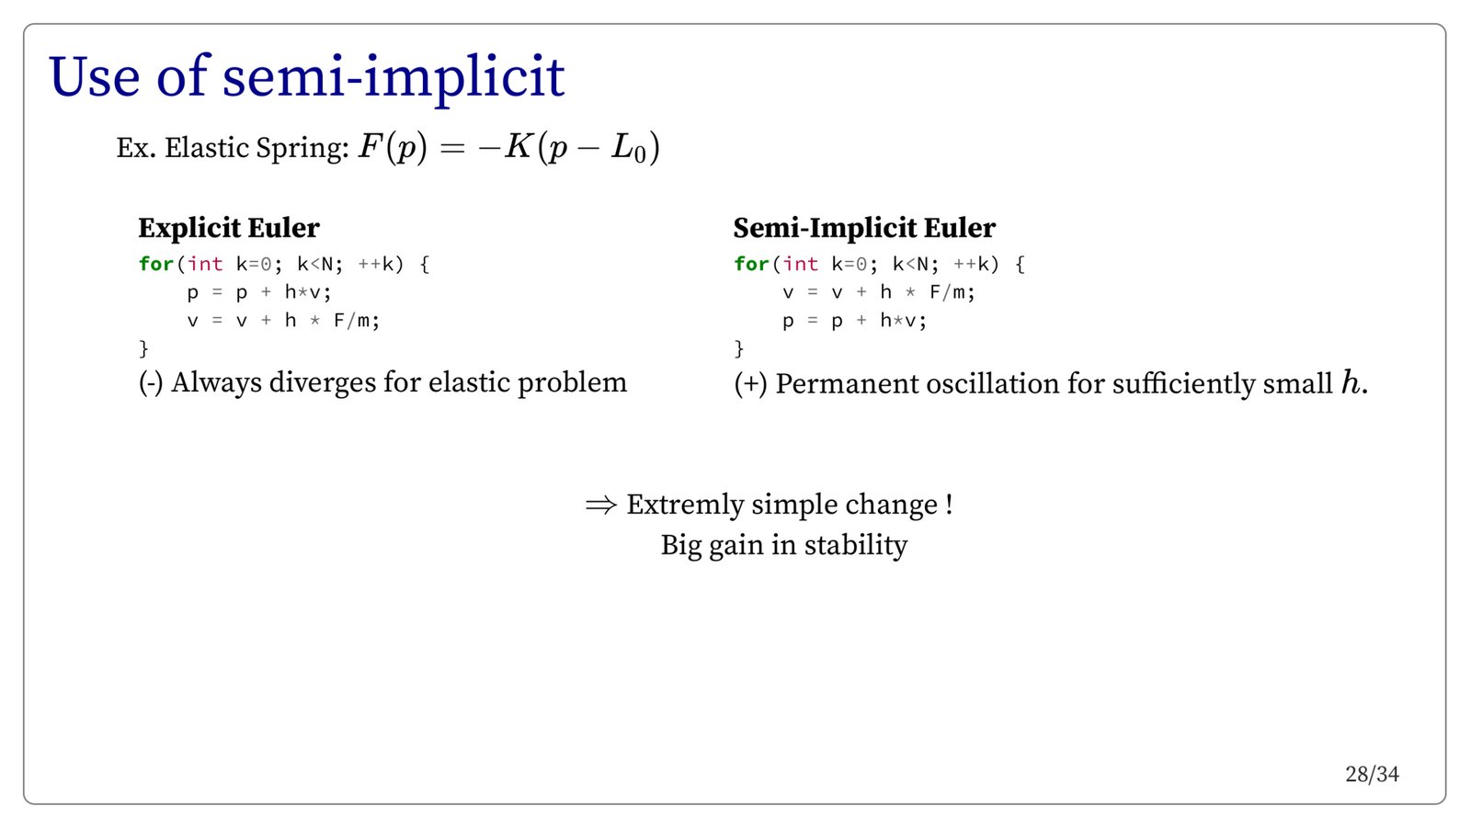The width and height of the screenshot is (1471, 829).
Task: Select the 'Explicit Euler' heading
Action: (x=229, y=228)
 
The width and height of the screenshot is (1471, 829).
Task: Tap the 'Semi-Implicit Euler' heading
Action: (x=864, y=229)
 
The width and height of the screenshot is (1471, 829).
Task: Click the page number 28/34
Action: (x=1372, y=775)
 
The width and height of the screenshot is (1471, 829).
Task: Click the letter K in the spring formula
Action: (x=518, y=146)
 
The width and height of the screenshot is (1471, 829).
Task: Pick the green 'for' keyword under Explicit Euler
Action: (x=155, y=264)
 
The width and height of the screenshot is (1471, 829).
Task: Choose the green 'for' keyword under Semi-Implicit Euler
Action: (x=751, y=264)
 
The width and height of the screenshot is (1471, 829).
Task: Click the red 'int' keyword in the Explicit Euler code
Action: (x=205, y=264)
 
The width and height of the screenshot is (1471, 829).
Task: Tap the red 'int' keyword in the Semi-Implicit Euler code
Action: (x=801, y=264)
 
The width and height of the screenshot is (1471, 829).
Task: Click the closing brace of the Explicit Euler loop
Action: (x=143, y=348)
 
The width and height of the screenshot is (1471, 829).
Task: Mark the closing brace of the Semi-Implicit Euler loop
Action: (x=739, y=348)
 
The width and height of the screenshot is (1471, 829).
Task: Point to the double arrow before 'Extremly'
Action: (x=601, y=505)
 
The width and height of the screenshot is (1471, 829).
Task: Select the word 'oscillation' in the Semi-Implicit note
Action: (x=992, y=384)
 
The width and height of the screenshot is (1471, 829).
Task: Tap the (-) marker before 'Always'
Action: (x=151, y=382)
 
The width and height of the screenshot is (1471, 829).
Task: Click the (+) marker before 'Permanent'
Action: (x=750, y=384)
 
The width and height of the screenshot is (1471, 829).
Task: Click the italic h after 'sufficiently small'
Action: (x=1351, y=382)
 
